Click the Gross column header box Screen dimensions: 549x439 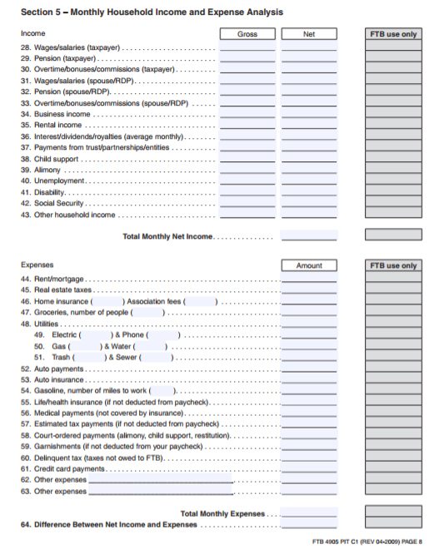click(247, 34)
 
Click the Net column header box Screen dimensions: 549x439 click(309, 34)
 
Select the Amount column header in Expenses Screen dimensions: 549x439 click(309, 265)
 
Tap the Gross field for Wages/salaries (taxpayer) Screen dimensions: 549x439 click(247, 48)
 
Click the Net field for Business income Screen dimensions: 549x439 click(309, 114)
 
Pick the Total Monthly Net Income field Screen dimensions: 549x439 click(309, 235)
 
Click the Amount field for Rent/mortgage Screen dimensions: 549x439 click(309, 279)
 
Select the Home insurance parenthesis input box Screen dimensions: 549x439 click(108, 301)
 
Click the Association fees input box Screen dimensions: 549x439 click(201, 301)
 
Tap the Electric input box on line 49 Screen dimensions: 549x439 click(91, 334)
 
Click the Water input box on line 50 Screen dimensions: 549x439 click(152, 346)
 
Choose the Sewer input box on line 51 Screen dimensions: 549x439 click(157, 357)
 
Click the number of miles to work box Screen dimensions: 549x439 click(162, 391)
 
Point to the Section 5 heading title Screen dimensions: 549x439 click(152, 12)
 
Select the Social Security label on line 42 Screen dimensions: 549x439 click(52, 203)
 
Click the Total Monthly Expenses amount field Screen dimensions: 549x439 click(309, 513)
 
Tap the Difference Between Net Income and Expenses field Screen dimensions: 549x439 click(309, 525)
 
